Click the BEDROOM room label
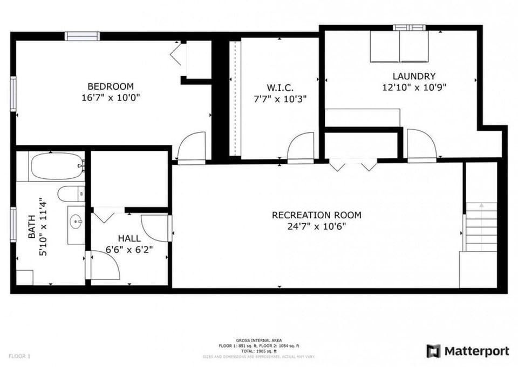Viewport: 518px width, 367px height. pos(110,86)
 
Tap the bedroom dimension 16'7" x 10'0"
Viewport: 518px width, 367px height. pos(110,98)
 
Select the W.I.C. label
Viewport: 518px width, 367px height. pos(280,88)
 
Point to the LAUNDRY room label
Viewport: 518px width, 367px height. pos(414,76)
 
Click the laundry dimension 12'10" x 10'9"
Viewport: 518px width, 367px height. pos(414,86)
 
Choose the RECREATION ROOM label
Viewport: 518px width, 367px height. pos(317,215)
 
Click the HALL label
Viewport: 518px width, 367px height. pos(129,238)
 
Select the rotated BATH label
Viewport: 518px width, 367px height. pos(32,227)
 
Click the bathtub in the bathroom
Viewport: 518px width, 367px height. pos(57,166)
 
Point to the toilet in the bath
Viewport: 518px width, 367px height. pos(70,193)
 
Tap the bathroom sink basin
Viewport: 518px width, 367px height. pos(77,221)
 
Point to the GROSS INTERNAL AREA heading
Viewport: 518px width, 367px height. pos(258,340)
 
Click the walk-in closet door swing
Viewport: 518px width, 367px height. pos(301,146)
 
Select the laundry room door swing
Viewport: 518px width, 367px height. pos(421,144)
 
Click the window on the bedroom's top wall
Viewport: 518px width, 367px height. pos(82,36)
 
